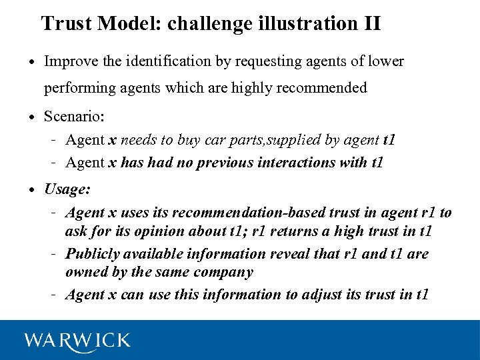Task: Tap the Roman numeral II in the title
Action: click(373, 24)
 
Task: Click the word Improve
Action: click(69, 62)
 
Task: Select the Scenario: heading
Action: click(74, 117)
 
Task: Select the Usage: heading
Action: click(67, 189)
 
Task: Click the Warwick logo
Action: click(77, 340)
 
